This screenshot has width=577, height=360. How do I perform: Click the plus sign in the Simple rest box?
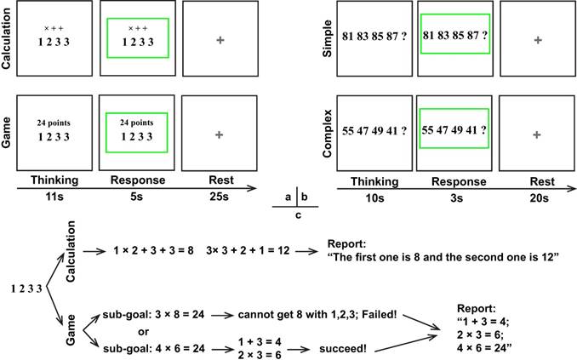pyautogui.click(x=537, y=40)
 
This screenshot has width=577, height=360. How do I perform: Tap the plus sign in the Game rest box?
pyautogui.click(x=220, y=134)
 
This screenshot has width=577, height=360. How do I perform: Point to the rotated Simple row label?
pyautogui.click(x=326, y=40)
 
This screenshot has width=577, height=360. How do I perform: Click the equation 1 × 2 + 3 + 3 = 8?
pyautogui.click(x=154, y=251)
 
